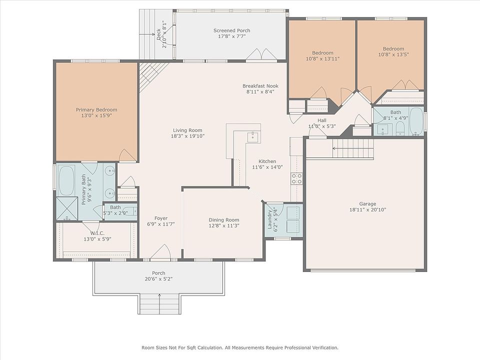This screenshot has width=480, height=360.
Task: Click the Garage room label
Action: point(367,204)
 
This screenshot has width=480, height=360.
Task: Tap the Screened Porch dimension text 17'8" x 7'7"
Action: point(231,36)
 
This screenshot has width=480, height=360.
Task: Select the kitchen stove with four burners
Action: point(296,179)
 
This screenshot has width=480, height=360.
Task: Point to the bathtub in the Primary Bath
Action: point(66,180)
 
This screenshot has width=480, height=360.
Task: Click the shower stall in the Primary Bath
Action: point(67,208)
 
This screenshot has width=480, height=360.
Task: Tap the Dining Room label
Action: point(224,220)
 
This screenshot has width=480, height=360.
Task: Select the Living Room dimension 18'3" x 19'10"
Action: point(187,136)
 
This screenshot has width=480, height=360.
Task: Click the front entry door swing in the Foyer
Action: point(160,252)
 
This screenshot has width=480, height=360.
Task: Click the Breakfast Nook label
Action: point(260,86)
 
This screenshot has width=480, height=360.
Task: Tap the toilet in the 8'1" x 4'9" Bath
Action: point(400,128)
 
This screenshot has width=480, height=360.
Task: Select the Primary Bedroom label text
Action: point(96,110)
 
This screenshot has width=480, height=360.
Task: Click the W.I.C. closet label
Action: point(97,233)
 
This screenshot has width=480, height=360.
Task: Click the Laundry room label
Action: point(270,219)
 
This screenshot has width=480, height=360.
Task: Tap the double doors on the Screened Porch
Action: point(261,54)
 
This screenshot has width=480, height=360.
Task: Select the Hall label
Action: point(321,120)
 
